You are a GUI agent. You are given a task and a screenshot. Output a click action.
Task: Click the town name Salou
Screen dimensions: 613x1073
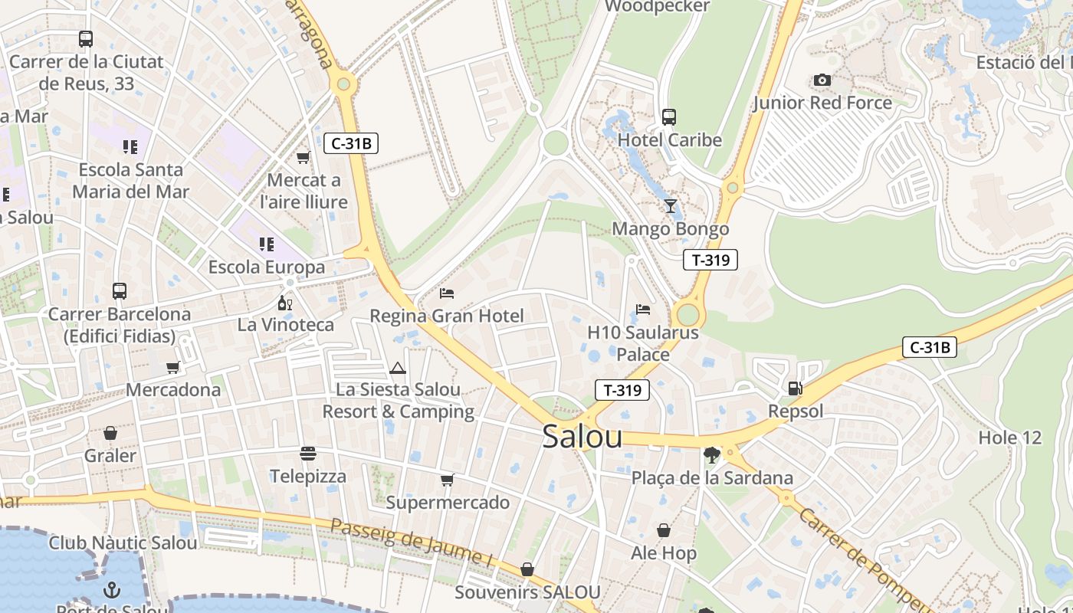[x=582, y=437]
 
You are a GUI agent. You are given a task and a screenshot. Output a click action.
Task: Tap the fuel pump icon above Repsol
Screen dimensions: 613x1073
[x=796, y=388]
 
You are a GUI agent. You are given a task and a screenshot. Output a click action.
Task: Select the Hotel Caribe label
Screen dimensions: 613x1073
[x=670, y=140]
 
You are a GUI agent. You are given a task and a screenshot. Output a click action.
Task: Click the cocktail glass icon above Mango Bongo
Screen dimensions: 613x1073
[x=671, y=205]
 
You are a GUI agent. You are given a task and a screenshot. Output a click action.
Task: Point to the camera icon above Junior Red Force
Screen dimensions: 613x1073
[x=822, y=80]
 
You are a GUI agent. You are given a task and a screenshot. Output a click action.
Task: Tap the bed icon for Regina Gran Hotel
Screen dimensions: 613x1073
[x=447, y=293]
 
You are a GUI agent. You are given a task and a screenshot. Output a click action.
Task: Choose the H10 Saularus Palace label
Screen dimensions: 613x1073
[x=643, y=343]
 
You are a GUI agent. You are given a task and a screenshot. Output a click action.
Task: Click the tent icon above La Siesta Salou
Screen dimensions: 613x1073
[x=397, y=368]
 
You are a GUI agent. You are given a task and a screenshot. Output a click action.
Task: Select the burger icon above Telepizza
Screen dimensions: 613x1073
[x=308, y=454]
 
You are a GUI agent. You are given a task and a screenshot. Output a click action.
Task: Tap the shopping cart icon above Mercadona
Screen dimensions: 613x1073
[x=173, y=367]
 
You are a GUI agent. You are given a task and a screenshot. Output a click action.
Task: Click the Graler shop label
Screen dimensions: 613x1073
[x=110, y=456]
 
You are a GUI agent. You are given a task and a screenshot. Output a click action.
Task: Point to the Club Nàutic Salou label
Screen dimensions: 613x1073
[x=123, y=543]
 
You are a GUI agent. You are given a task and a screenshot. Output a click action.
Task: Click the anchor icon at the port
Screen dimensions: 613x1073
[x=112, y=589]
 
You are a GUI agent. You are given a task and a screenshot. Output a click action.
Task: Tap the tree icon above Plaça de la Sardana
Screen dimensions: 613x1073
[x=712, y=455]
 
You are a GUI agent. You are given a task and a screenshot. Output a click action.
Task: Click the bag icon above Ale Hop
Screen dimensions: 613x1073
[x=664, y=530]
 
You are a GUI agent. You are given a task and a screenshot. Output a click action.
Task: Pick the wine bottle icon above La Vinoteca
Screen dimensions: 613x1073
[x=285, y=303]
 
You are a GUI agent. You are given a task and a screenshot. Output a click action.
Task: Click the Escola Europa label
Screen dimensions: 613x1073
[x=267, y=267]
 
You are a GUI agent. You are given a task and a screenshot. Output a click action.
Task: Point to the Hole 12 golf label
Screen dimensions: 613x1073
[x=1010, y=438]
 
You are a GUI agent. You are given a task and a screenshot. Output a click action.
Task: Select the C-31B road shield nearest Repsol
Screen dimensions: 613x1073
[x=929, y=347]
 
